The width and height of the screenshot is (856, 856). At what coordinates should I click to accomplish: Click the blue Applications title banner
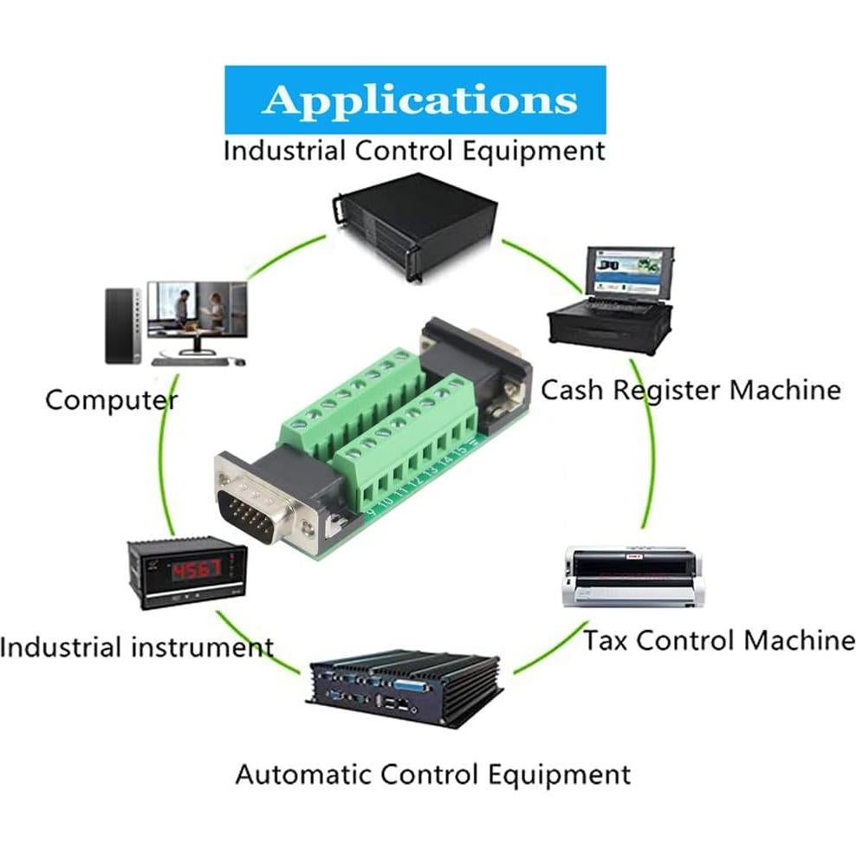(x=415, y=100)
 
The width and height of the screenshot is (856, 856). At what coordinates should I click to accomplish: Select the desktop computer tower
(x=122, y=325)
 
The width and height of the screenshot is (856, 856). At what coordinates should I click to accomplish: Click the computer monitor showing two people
(x=197, y=309)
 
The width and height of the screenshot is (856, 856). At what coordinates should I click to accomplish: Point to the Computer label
(x=111, y=400)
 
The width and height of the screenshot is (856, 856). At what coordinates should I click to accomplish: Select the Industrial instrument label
(x=137, y=646)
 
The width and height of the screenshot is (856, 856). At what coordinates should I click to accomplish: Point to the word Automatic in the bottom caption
(x=302, y=774)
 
